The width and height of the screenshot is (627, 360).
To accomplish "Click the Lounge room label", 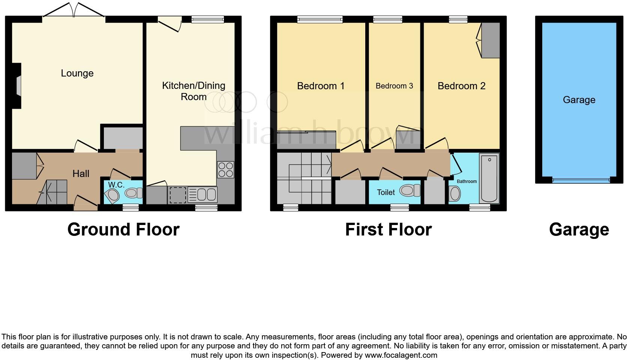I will (77, 73).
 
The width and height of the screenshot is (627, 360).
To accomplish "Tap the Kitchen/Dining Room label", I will (193, 91).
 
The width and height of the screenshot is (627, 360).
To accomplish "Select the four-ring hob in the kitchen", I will (225, 169).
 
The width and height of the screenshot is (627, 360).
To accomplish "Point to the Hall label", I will (81, 173).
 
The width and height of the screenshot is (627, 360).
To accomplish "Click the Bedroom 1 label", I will (321, 86).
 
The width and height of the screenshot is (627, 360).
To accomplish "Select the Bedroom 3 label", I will (394, 86).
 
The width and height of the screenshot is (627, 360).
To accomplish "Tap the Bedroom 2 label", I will (461, 86).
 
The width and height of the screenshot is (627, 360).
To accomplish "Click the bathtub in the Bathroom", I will (489, 178).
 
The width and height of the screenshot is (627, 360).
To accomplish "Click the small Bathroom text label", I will (466, 181).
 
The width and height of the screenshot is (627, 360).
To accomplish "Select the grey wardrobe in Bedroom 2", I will (490, 40).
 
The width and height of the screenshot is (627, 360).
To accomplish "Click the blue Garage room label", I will (579, 100).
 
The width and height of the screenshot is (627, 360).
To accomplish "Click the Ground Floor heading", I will (123, 229).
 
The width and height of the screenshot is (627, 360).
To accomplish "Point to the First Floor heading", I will (388, 229).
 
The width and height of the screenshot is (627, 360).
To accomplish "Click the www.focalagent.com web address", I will (400, 355).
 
